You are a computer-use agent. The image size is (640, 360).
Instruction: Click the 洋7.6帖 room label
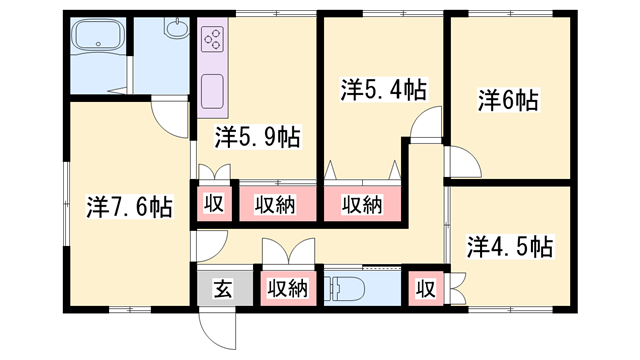(x=129, y=207)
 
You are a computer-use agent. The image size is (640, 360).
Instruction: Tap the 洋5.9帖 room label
(x=258, y=135)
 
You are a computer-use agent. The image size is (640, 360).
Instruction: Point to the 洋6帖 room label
(x=508, y=100)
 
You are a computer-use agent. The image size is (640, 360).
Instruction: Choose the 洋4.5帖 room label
(x=510, y=245)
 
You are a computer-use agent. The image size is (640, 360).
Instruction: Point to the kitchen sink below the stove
(x=213, y=91)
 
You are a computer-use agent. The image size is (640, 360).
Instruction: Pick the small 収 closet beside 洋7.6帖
(x=213, y=205)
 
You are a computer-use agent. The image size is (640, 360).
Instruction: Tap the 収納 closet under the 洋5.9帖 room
(x=274, y=205)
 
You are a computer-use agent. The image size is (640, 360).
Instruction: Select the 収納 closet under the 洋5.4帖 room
(x=363, y=205)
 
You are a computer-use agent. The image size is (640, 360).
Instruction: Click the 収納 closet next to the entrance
(x=287, y=289)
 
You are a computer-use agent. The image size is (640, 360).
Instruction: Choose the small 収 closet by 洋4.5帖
(x=426, y=289)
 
